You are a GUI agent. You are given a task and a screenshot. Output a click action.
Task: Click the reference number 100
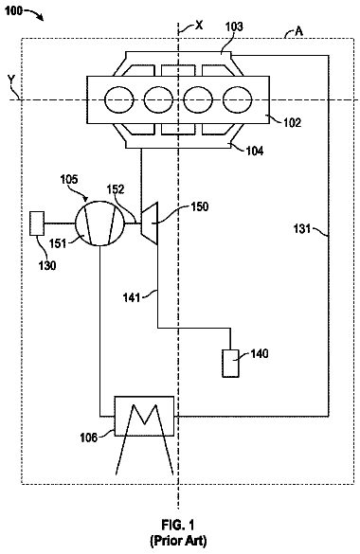pyautogui.click(x=13, y=11)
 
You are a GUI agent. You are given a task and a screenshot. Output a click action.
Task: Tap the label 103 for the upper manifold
pyautogui.click(x=234, y=27)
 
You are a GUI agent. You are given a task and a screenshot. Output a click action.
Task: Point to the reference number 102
pyautogui.click(x=292, y=123)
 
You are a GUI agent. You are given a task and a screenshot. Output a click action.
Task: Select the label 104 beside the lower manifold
pyautogui.click(x=254, y=151)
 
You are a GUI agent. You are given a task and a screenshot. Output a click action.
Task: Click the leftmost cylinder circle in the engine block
pyautogui.click(x=119, y=100)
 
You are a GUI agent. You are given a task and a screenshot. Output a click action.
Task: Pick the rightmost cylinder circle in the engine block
pyautogui.click(x=237, y=100)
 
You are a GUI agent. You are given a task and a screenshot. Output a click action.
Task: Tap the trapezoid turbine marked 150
pyautogui.click(x=149, y=223)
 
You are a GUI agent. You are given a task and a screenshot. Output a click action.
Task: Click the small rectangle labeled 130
pyautogui.click(x=37, y=223)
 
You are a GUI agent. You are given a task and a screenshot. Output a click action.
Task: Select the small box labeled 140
pyautogui.click(x=230, y=364)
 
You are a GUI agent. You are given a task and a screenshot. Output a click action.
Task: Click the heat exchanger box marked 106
pyautogui.click(x=144, y=416)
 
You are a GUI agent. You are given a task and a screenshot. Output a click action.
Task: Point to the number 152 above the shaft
pyautogui.click(x=116, y=189)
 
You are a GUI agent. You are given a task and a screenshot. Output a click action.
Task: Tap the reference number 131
pyautogui.click(x=302, y=229)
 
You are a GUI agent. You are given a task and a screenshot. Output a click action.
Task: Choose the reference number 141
pyautogui.click(x=132, y=297)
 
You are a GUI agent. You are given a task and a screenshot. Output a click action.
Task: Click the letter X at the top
pyautogui.click(x=199, y=25)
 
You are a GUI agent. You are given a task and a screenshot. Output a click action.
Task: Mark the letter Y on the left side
pyautogui.click(x=11, y=80)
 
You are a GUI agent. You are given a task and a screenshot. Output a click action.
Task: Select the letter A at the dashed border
pyautogui.click(x=298, y=32)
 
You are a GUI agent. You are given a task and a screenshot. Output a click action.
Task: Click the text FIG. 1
pyautogui.click(x=178, y=525)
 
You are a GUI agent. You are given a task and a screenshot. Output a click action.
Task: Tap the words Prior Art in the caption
pyautogui.click(x=178, y=541)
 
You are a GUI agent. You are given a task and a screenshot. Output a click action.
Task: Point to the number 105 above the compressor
pyautogui.click(x=68, y=179)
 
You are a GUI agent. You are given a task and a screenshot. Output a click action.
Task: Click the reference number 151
pyautogui.click(x=58, y=243)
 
